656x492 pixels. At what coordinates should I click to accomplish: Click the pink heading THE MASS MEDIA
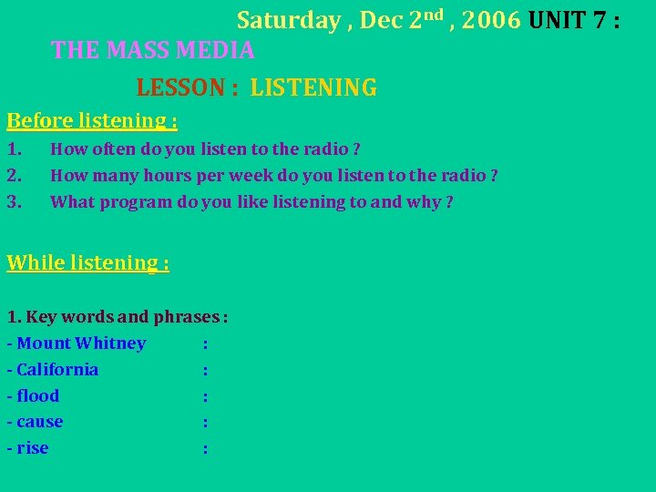(153, 50)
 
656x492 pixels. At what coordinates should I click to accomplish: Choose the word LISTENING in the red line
(313, 88)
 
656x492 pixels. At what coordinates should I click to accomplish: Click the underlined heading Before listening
(91, 120)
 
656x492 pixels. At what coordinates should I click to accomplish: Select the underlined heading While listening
(87, 263)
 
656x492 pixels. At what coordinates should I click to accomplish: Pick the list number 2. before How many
(14, 176)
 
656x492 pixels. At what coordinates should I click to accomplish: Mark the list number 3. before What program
(14, 202)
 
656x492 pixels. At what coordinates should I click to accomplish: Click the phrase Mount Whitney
(81, 343)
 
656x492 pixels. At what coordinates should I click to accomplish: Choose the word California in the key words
(57, 370)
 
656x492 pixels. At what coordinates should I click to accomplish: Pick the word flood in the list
(37, 396)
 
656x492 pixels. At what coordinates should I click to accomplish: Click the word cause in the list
(39, 423)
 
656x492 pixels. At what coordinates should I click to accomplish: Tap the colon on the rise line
(206, 449)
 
